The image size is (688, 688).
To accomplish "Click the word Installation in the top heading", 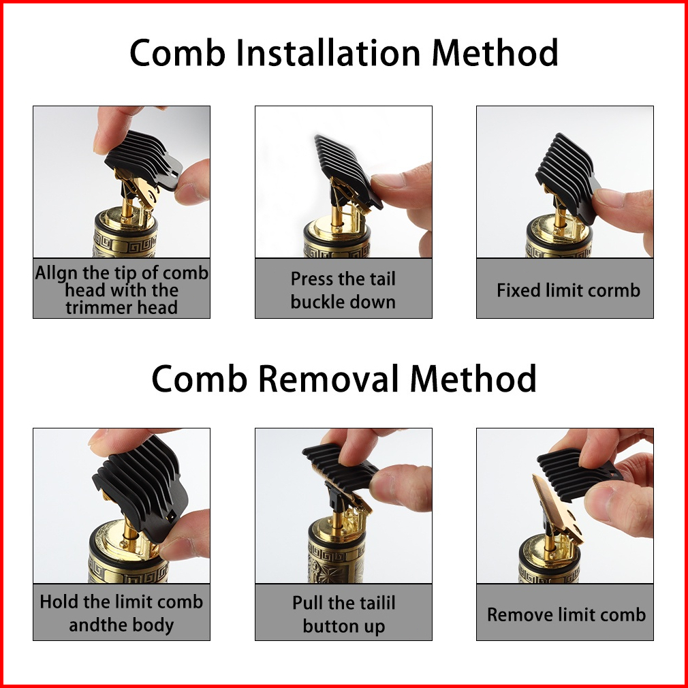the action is [328, 52].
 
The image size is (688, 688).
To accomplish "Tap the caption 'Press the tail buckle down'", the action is [343, 290].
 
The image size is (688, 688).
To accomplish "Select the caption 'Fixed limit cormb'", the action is [568, 290].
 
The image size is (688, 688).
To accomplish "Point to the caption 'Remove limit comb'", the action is [566, 614].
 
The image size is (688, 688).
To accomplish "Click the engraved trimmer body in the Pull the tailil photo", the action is [337, 561].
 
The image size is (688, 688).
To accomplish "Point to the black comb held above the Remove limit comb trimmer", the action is [577, 474].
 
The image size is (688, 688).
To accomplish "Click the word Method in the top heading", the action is [495, 52].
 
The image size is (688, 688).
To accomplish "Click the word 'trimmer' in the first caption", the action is [93, 308].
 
